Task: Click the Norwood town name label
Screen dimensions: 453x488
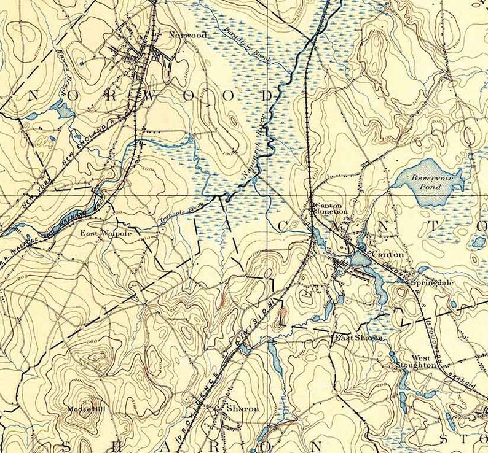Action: coord(187,36)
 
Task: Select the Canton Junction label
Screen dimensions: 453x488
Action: coord(331,208)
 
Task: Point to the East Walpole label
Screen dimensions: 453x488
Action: coord(106,233)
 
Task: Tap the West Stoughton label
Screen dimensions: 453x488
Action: coord(421,361)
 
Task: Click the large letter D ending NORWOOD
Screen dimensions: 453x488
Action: coord(267,96)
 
